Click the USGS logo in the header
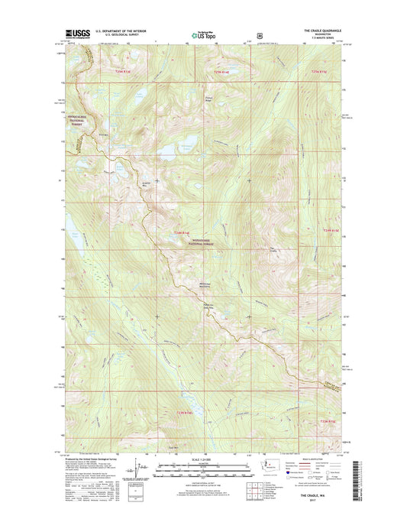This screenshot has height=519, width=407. (x=79, y=33)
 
